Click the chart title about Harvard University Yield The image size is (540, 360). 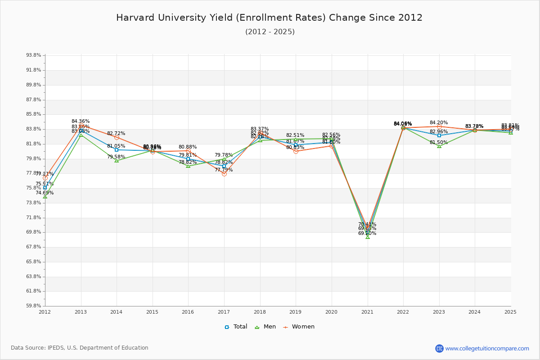pyautogui.click(x=269, y=18)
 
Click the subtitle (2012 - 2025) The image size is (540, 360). pyautogui.click(x=270, y=32)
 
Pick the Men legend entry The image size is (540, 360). pyautogui.click(x=265, y=327)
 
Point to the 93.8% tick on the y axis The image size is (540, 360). pyautogui.click(x=34, y=55)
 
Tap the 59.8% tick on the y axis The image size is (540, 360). pyautogui.click(x=34, y=306)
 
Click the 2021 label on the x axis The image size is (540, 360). pyautogui.click(x=367, y=312)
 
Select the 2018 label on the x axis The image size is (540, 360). pyautogui.click(x=260, y=312)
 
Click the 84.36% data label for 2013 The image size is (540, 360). pyautogui.click(x=81, y=121)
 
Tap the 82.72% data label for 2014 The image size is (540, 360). pyautogui.click(x=116, y=134)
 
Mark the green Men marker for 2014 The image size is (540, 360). pyautogui.click(x=117, y=160)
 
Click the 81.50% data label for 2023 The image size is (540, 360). pyautogui.click(x=439, y=143)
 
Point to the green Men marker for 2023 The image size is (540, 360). pyautogui.click(x=439, y=146)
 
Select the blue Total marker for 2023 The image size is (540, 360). pyautogui.click(x=439, y=135)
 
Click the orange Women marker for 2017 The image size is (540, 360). pyautogui.click(x=224, y=174)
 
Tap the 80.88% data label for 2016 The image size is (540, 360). pyautogui.click(x=188, y=147)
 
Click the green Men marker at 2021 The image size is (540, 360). pyautogui.click(x=368, y=237)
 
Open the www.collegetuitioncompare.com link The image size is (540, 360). pyautogui.click(x=487, y=348)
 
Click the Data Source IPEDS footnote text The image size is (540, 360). pyautogui.click(x=80, y=348)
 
